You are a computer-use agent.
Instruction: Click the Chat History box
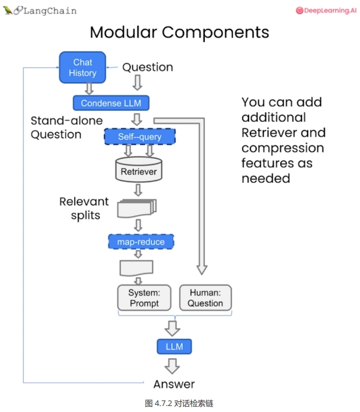(x=83, y=68)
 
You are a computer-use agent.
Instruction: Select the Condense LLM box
(x=111, y=103)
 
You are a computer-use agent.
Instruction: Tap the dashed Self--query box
(x=140, y=137)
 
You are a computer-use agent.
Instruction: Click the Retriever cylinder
(x=139, y=170)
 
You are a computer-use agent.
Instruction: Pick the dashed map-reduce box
(x=141, y=242)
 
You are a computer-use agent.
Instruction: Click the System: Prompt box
(x=144, y=297)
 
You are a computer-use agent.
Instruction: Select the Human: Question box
(x=205, y=297)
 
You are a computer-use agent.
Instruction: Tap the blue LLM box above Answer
(x=174, y=347)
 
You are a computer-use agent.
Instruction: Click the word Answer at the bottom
(x=174, y=384)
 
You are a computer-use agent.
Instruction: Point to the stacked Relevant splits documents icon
(x=137, y=209)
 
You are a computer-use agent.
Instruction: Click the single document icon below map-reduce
(x=137, y=268)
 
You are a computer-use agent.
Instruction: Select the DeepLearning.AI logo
(x=326, y=11)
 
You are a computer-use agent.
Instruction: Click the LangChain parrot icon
(x=8, y=10)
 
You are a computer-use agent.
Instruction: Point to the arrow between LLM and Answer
(x=173, y=366)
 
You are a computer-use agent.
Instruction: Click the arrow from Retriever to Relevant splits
(x=138, y=190)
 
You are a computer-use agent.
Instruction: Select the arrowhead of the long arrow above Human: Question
(x=202, y=270)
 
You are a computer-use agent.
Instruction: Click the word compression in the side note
(x=283, y=149)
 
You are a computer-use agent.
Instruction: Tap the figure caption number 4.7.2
(x=163, y=404)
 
